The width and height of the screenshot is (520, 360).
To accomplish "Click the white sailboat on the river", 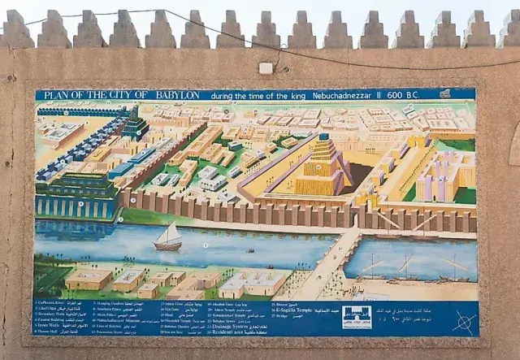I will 168,236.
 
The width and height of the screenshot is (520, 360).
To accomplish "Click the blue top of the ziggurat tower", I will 323,138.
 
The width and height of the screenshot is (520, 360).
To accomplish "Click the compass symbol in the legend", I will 463,321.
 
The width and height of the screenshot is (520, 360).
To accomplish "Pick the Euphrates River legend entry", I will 51,303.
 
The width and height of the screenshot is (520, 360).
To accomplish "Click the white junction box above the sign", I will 266,68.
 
